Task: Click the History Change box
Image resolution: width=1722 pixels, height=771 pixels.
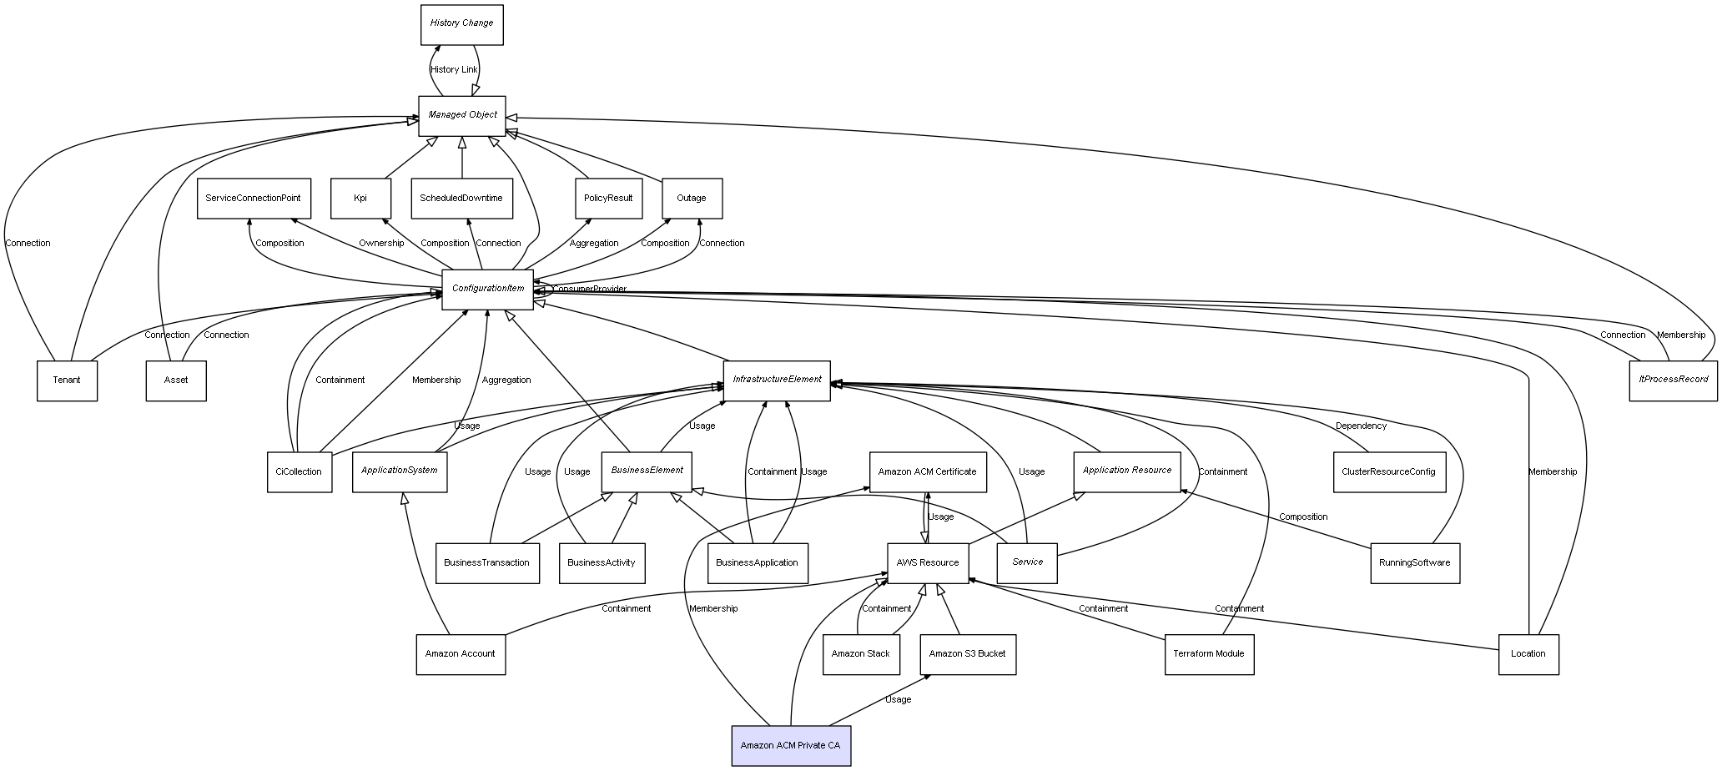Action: (461, 24)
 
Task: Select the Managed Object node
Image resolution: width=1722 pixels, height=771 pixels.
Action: (462, 115)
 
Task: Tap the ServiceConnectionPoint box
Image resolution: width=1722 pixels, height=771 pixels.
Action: (254, 199)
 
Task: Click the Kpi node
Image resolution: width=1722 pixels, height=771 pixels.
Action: (360, 199)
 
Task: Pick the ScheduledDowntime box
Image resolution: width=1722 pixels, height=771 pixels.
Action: (461, 199)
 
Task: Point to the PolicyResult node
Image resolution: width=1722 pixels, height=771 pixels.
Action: (608, 199)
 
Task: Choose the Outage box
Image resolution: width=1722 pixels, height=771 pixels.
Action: (692, 199)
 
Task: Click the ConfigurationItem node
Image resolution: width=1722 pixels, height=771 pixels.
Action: (488, 289)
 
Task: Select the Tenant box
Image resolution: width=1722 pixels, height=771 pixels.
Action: (67, 380)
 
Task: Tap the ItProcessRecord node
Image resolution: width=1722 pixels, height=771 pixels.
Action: (1673, 380)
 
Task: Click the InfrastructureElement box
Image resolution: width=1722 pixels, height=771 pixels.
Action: (777, 380)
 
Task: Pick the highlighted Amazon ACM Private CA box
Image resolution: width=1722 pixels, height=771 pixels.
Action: (790, 745)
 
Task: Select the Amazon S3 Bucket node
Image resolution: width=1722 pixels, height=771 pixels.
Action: (968, 654)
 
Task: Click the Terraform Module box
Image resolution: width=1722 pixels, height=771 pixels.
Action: (1209, 654)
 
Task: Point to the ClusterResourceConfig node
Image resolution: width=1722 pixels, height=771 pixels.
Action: (1388, 471)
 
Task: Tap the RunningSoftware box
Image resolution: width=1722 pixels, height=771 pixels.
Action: (1415, 562)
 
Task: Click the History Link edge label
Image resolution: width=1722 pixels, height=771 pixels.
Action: (454, 70)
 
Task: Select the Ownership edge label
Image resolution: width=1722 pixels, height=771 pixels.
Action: (381, 244)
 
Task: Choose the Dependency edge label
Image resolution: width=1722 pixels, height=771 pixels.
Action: (1361, 426)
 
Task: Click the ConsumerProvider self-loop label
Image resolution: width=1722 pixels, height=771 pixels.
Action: (589, 290)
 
